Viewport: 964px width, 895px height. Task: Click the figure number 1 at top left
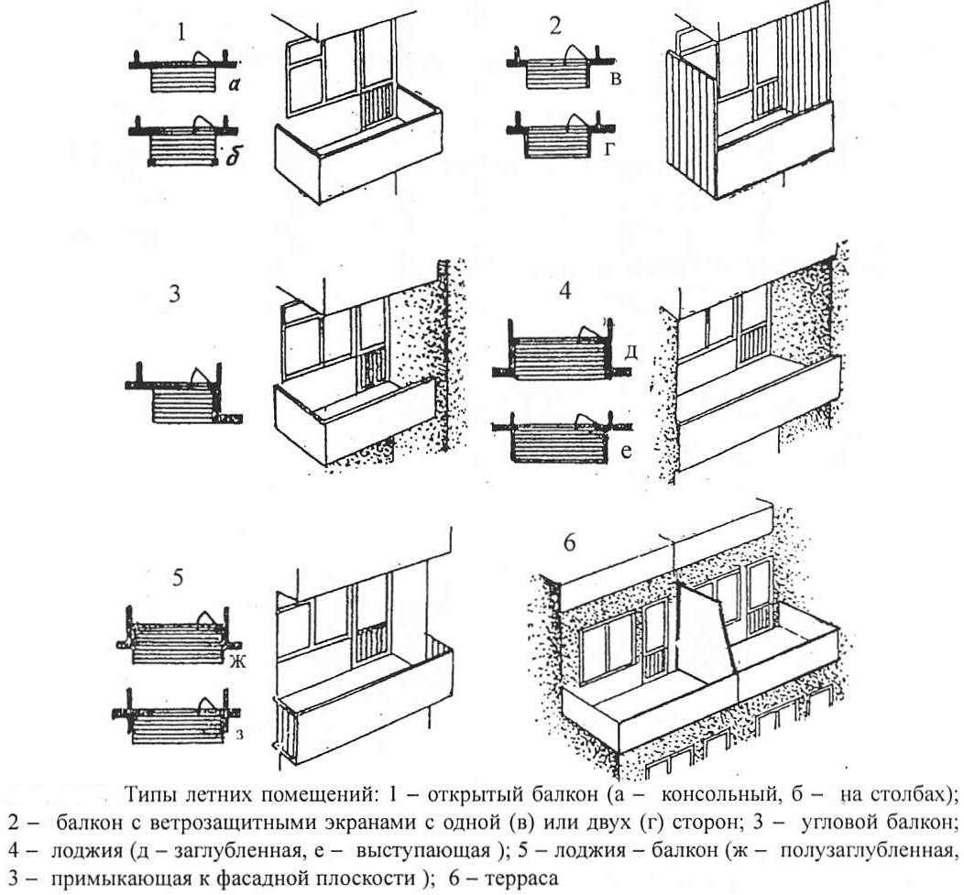[183, 34]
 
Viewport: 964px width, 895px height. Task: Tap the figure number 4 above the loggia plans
[564, 292]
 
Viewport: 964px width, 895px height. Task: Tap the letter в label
[616, 81]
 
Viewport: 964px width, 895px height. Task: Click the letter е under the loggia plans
[629, 450]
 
